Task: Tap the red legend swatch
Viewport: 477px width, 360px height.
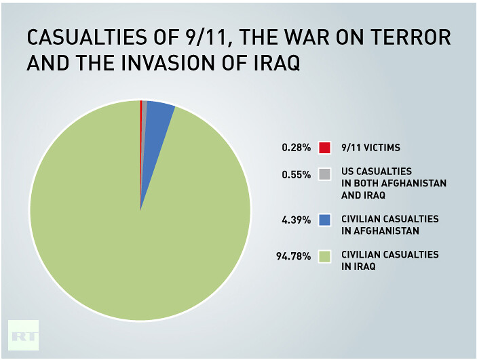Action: [x=325, y=147]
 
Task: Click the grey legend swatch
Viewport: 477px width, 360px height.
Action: [x=325, y=174]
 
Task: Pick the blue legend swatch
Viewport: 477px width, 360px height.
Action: [x=325, y=220]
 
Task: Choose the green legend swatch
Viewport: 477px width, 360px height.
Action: [x=325, y=256]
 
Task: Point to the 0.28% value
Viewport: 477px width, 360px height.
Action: [x=297, y=147]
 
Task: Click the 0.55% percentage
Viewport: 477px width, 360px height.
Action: [x=297, y=174]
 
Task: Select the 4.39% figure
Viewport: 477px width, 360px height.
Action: [x=297, y=220]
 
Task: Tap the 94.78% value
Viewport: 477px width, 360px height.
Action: [x=294, y=256]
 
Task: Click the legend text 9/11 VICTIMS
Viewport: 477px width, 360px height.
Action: [x=371, y=147]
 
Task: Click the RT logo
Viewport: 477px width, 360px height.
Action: [x=23, y=335]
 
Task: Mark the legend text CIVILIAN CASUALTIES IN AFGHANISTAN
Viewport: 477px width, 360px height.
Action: [x=389, y=225]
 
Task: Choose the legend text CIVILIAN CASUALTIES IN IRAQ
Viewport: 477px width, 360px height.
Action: [x=389, y=260]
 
